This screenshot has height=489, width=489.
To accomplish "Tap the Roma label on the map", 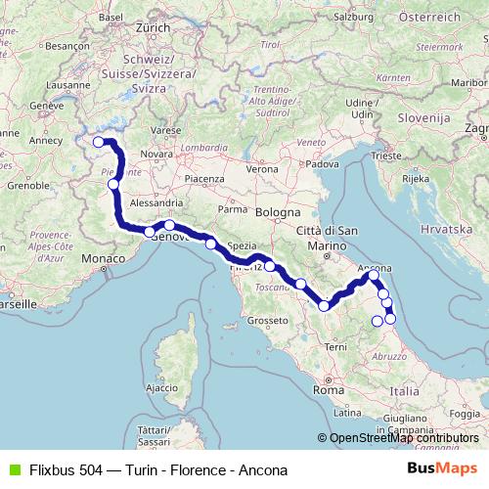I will (325, 389).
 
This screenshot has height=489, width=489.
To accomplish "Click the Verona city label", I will (261, 169).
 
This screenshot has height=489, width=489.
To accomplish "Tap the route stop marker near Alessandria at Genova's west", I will (150, 232).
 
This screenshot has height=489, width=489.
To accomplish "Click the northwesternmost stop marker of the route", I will (98, 142).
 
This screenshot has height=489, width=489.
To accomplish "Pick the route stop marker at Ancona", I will (374, 276).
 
